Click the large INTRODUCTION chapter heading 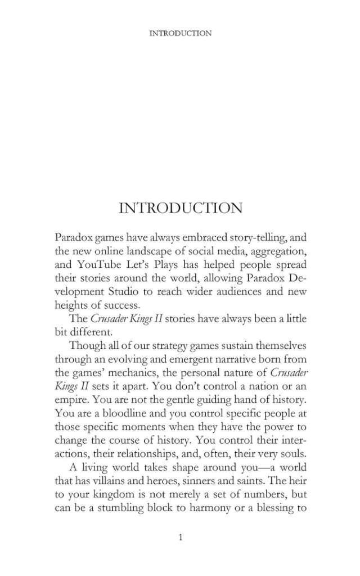click(x=181, y=208)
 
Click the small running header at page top click(x=181, y=33)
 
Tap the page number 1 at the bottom click(x=180, y=538)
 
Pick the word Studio click(x=141, y=290)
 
